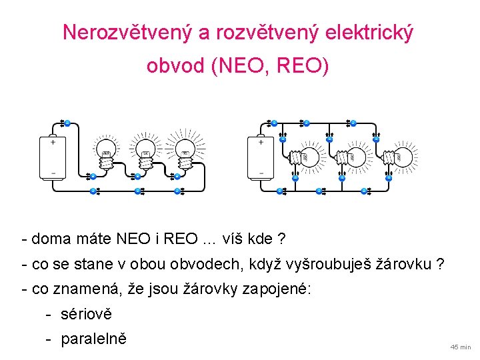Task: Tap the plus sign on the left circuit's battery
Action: coord(53,142)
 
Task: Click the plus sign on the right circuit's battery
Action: coord(261,142)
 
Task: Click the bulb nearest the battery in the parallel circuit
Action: coord(306,157)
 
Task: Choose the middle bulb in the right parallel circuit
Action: coord(353,157)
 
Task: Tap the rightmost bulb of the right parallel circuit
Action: coord(401,157)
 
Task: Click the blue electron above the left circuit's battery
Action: coord(67,123)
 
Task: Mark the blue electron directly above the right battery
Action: coord(274,123)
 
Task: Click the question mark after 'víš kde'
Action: coord(282,238)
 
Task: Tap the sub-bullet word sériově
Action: coord(87,314)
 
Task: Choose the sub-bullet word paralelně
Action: coord(93,339)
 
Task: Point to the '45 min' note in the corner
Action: coord(460,347)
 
